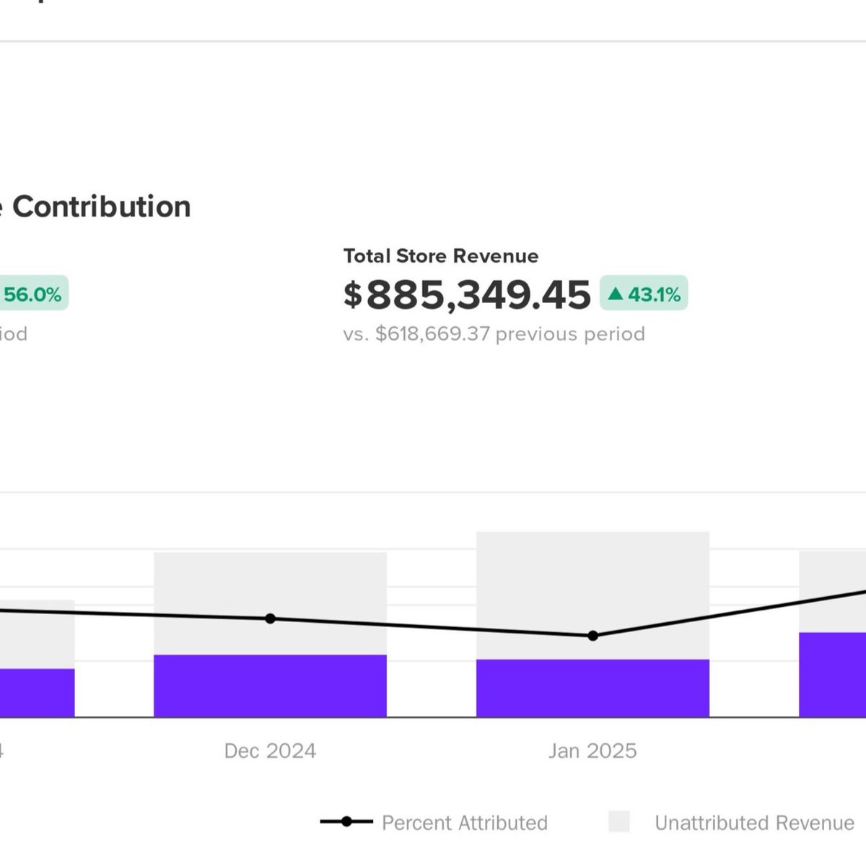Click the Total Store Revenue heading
tap(440, 256)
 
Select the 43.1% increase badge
tap(644, 294)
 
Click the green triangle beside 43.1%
tap(615, 294)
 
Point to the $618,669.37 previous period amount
tap(432, 334)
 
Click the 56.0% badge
tap(32, 294)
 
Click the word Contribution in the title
tap(102, 207)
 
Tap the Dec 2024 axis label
tap(270, 751)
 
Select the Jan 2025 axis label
tap(592, 751)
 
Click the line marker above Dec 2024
tap(270, 618)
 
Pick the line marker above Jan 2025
tap(592, 636)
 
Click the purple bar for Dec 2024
tap(270, 686)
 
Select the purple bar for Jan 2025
tap(592, 688)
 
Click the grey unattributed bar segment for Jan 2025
tap(592, 577)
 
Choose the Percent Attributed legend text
tap(464, 823)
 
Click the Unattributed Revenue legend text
tap(754, 823)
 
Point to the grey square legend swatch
tap(618, 821)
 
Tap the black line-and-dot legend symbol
tap(346, 821)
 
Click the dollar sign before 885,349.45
tap(352, 295)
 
